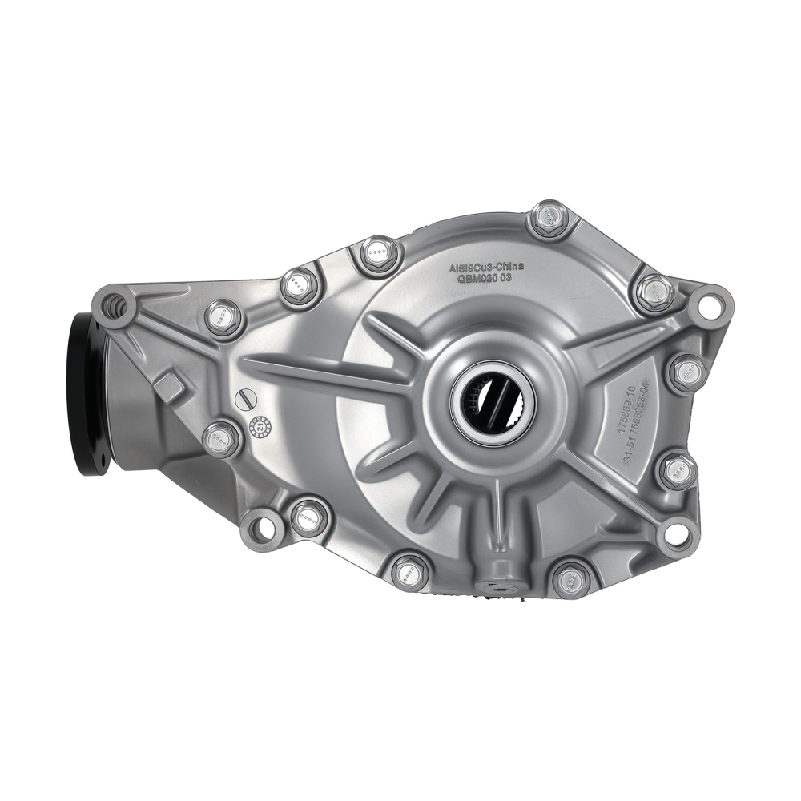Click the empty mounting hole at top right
[706, 305]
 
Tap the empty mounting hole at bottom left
[260, 526]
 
